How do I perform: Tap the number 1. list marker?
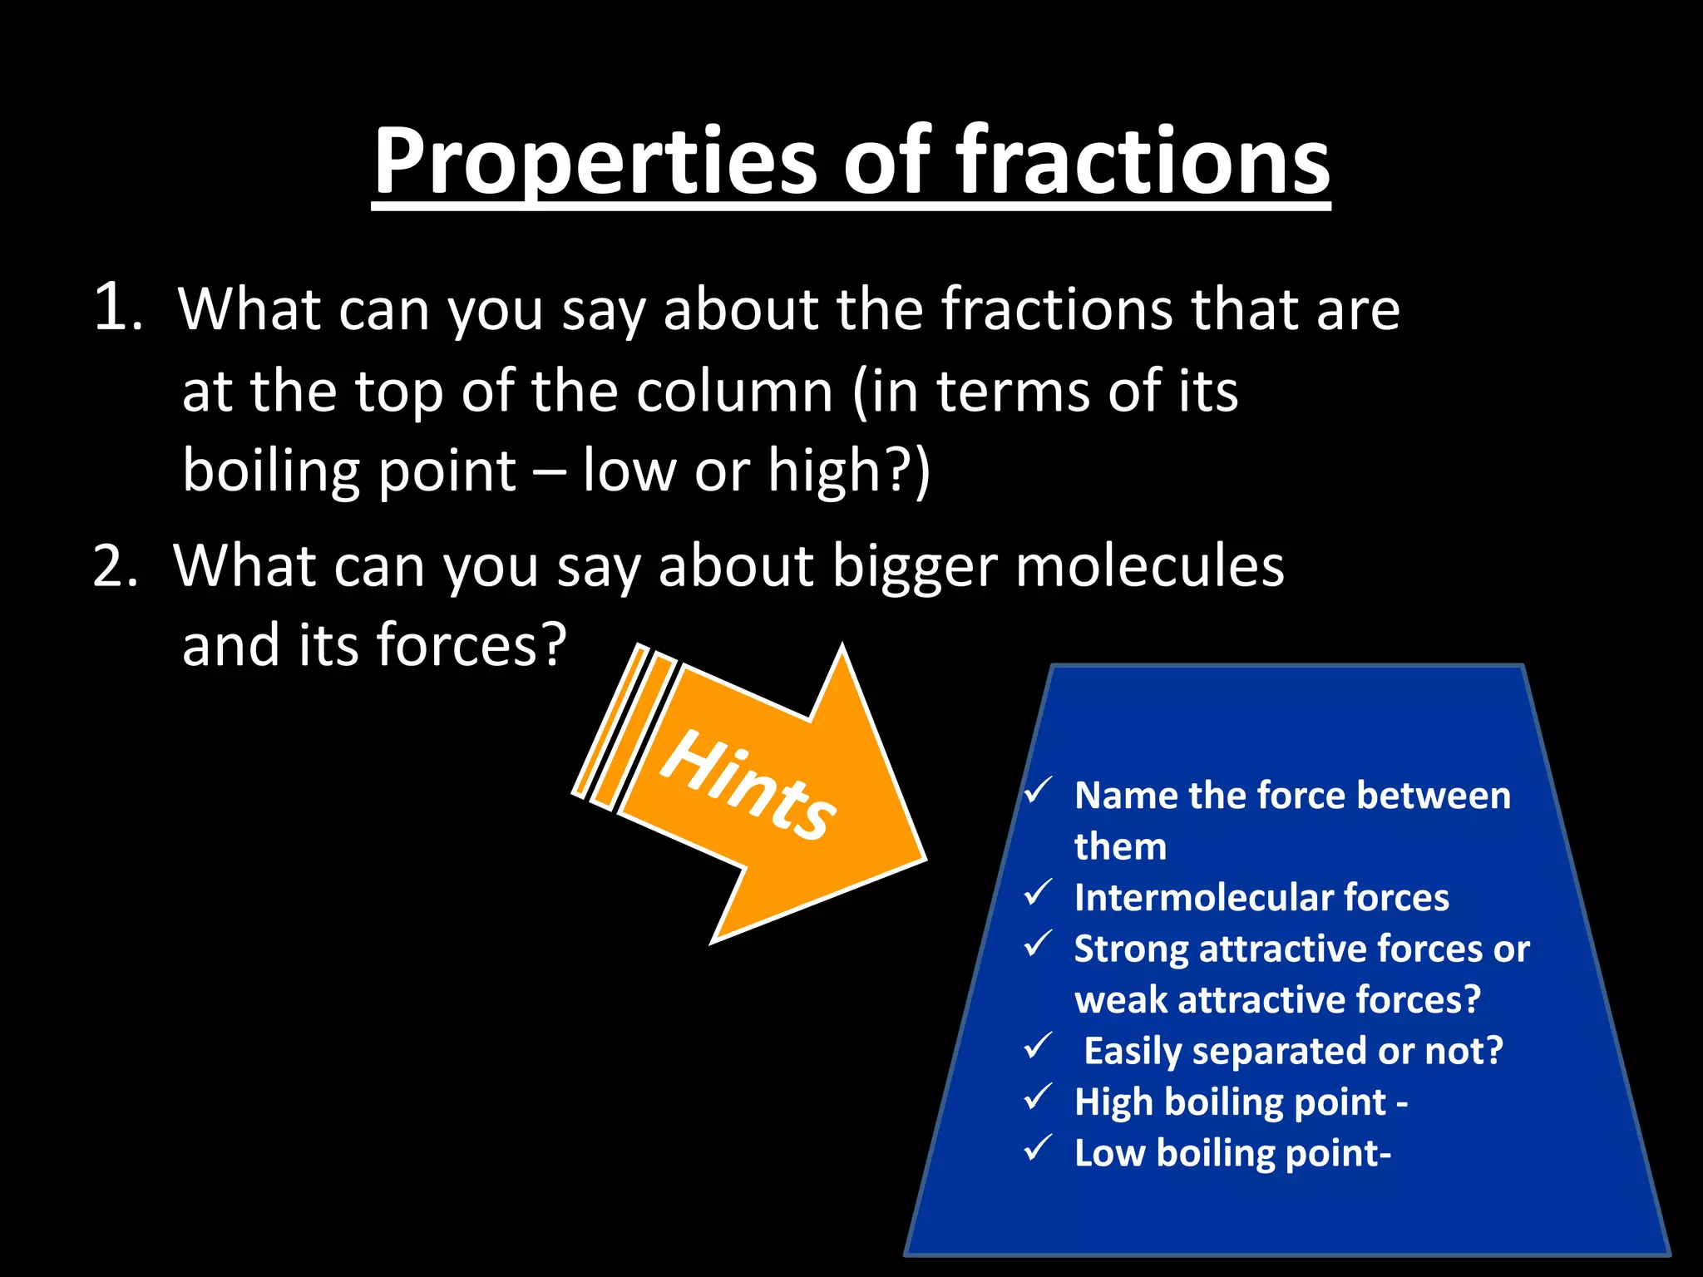point(118,308)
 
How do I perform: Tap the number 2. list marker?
point(116,566)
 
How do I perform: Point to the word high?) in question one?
point(848,471)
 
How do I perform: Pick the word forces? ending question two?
point(471,645)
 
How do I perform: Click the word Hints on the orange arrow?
point(748,784)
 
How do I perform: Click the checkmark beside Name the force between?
point(1038,791)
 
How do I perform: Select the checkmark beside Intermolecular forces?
point(1038,893)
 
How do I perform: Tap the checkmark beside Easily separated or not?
point(1038,1046)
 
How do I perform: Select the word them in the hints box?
point(1120,846)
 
